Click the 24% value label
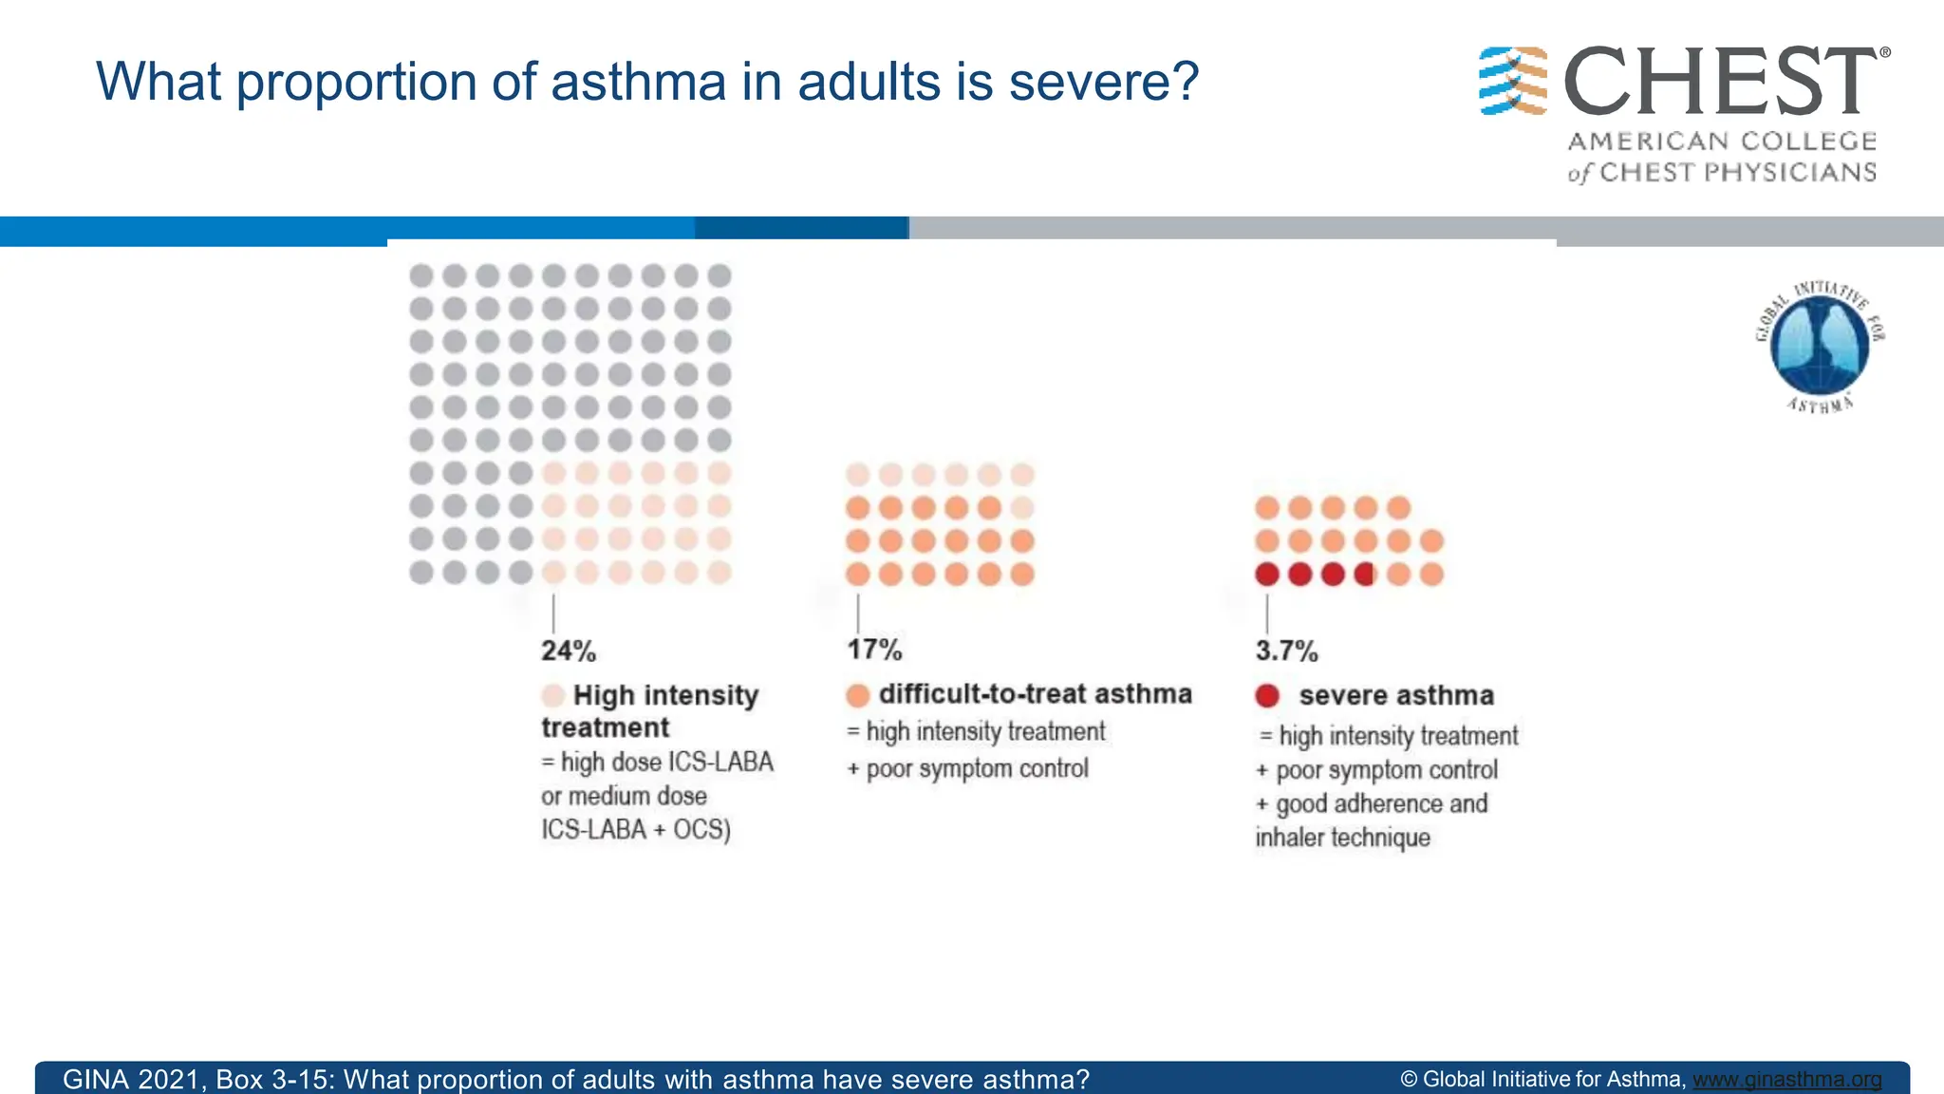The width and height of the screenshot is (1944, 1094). pos(569,651)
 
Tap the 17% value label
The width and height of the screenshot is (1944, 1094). pos(874,650)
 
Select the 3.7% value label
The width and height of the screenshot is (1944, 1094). pos(1286,651)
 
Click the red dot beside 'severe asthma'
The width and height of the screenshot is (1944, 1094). pos(1267,696)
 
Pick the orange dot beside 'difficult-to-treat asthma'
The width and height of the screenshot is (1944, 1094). pos(858,695)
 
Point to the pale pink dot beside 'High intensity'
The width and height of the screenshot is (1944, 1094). pos(553,695)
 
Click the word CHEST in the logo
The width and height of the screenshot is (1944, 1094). pos(1720,83)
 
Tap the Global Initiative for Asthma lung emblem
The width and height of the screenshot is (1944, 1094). pos(1820,346)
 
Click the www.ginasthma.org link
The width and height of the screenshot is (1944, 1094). pos(1786,1080)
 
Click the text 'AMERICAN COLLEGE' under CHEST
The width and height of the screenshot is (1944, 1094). pos(1722,141)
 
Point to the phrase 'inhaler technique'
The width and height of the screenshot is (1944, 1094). pos(1342,838)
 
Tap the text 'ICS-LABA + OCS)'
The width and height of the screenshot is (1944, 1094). pos(636,830)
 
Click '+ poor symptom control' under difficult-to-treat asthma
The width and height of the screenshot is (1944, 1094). pos(967,768)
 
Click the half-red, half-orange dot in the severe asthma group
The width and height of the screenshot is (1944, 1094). pos(1365,574)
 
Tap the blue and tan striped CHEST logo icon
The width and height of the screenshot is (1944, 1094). pos(1513,82)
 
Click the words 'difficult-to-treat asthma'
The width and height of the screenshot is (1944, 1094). pos(1035,694)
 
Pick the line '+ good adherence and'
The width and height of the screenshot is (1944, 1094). pos(1372,804)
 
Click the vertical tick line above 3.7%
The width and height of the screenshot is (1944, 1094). pos(1267,613)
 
